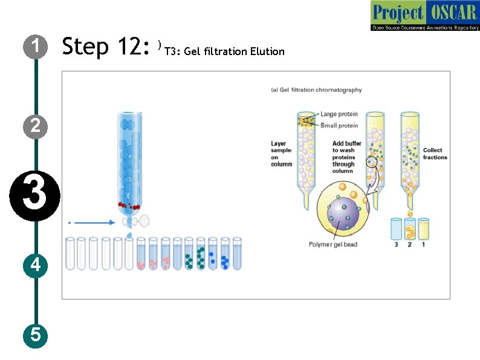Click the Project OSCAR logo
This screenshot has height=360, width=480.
coord(425,15)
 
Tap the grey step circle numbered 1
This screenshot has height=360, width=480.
coord(36,47)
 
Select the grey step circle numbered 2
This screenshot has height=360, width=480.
coord(36,126)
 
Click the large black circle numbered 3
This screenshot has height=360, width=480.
coord(34,196)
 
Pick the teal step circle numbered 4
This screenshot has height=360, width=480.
coord(36,266)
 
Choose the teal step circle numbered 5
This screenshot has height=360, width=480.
coord(36,335)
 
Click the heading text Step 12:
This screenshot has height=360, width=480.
coord(106,46)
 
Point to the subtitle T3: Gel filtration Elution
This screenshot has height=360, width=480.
coord(224,51)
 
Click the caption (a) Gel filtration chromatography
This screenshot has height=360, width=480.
coord(316,90)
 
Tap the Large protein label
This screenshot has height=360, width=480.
coord(339,114)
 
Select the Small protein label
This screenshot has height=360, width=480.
coord(339,125)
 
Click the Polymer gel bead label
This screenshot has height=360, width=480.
coord(333,244)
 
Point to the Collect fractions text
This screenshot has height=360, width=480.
coord(435,154)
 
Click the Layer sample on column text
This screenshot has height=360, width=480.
coord(281,154)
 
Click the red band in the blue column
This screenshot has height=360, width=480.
coord(129,206)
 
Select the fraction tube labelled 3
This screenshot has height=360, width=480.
coord(397,229)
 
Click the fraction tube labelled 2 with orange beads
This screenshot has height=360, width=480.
coord(410,229)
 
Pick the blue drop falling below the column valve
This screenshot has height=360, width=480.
coord(129,235)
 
